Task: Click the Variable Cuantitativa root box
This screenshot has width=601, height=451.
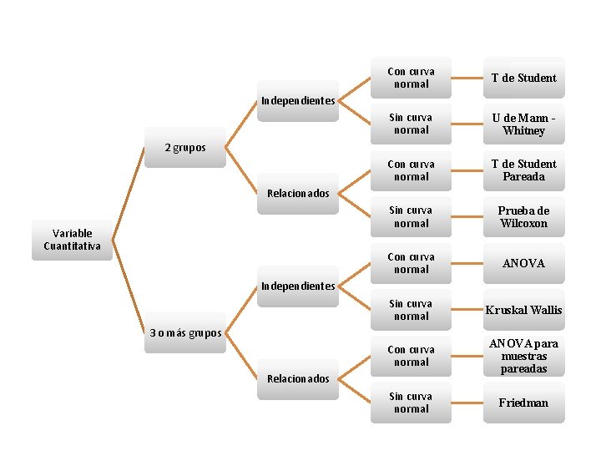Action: pyautogui.click(x=72, y=240)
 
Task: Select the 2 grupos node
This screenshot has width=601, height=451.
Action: pyautogui.click(x=184, y=148)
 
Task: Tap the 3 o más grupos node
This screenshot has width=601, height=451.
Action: pyautogui.click(x=184, y=333)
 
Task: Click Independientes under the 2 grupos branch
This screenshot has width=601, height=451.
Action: pyautogui.click(x=298, y=101)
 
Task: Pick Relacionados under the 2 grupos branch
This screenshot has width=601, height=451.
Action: pyautogui.click(x=298, y=194)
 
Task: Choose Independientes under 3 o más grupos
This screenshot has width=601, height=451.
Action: pyautogui.click(x=298, y=286)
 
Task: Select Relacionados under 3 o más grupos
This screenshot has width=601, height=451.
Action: pyautogui.click(x=298, y=379)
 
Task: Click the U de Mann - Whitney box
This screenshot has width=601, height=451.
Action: pyautogui.click(x=524, y=124)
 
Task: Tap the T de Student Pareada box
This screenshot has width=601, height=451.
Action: pyautogui.click(x=524, y=170)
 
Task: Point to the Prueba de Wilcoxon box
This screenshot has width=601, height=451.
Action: pyautogui.click(x=524, y=217)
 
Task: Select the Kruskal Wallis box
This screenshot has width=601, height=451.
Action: pyautogui.click(x=524, y=310)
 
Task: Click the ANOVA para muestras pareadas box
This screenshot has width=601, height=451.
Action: pyautogui.click(x=524, y=356)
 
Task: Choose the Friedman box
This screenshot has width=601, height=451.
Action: pyautogui.click(x=524, y=403)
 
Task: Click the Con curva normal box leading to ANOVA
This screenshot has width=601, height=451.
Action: pyautogui.click(x=411, y=263)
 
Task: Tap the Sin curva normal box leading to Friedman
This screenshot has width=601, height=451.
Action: pyautogui.click(x=411, y=403)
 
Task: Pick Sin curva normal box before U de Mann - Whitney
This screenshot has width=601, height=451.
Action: pyautogui.click(x=411, y=124)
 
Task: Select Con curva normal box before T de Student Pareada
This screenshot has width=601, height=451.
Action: pyautogui.click(x=411, y=170)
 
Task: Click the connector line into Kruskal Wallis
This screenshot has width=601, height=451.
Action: pyautogui.click(x=467, y=310)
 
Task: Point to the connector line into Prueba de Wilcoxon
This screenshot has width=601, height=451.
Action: pyautogui.click(x=467, y=217)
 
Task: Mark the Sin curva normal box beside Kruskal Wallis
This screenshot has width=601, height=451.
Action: pyautogui.click(x=411, y=310)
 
